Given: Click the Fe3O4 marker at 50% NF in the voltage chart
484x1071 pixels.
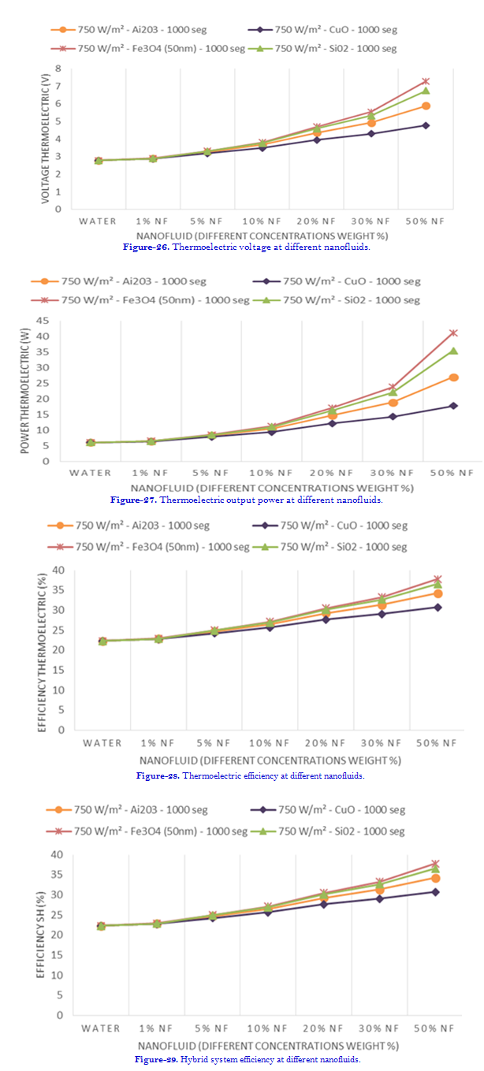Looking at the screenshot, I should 426,81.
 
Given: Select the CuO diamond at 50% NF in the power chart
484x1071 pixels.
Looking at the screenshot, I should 453,406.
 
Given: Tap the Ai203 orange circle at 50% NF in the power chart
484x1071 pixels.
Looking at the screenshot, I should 453,377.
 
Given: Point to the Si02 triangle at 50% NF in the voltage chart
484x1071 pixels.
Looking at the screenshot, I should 426,91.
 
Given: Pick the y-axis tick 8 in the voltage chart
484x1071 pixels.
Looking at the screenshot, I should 58,69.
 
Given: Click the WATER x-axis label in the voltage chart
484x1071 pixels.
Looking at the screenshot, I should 98,221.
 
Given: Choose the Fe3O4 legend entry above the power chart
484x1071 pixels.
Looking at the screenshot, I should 154,299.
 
